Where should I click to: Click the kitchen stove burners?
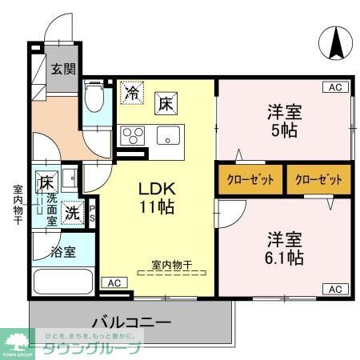pyautogui.click(x=132, y=134)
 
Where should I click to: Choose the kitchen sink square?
pyautogui.click(x=169, y=134)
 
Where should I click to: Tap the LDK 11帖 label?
pyautogui.click(x=157, y=198)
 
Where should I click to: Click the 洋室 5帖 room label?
pyautogui.click(x=284, y=121)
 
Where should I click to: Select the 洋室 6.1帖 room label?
pyautogui.click(x=284, y=248)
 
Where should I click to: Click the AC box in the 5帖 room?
pyautogui.click(x=334, y=86)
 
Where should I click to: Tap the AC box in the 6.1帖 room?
pyautogui.click(x=334, y=289)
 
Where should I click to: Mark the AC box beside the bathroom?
pyautogui.click(x=114, y=282)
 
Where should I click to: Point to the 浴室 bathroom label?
pyautogui.click(x=64, y=252)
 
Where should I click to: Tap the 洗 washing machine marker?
pyautogui.click(x=71, y=214)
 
